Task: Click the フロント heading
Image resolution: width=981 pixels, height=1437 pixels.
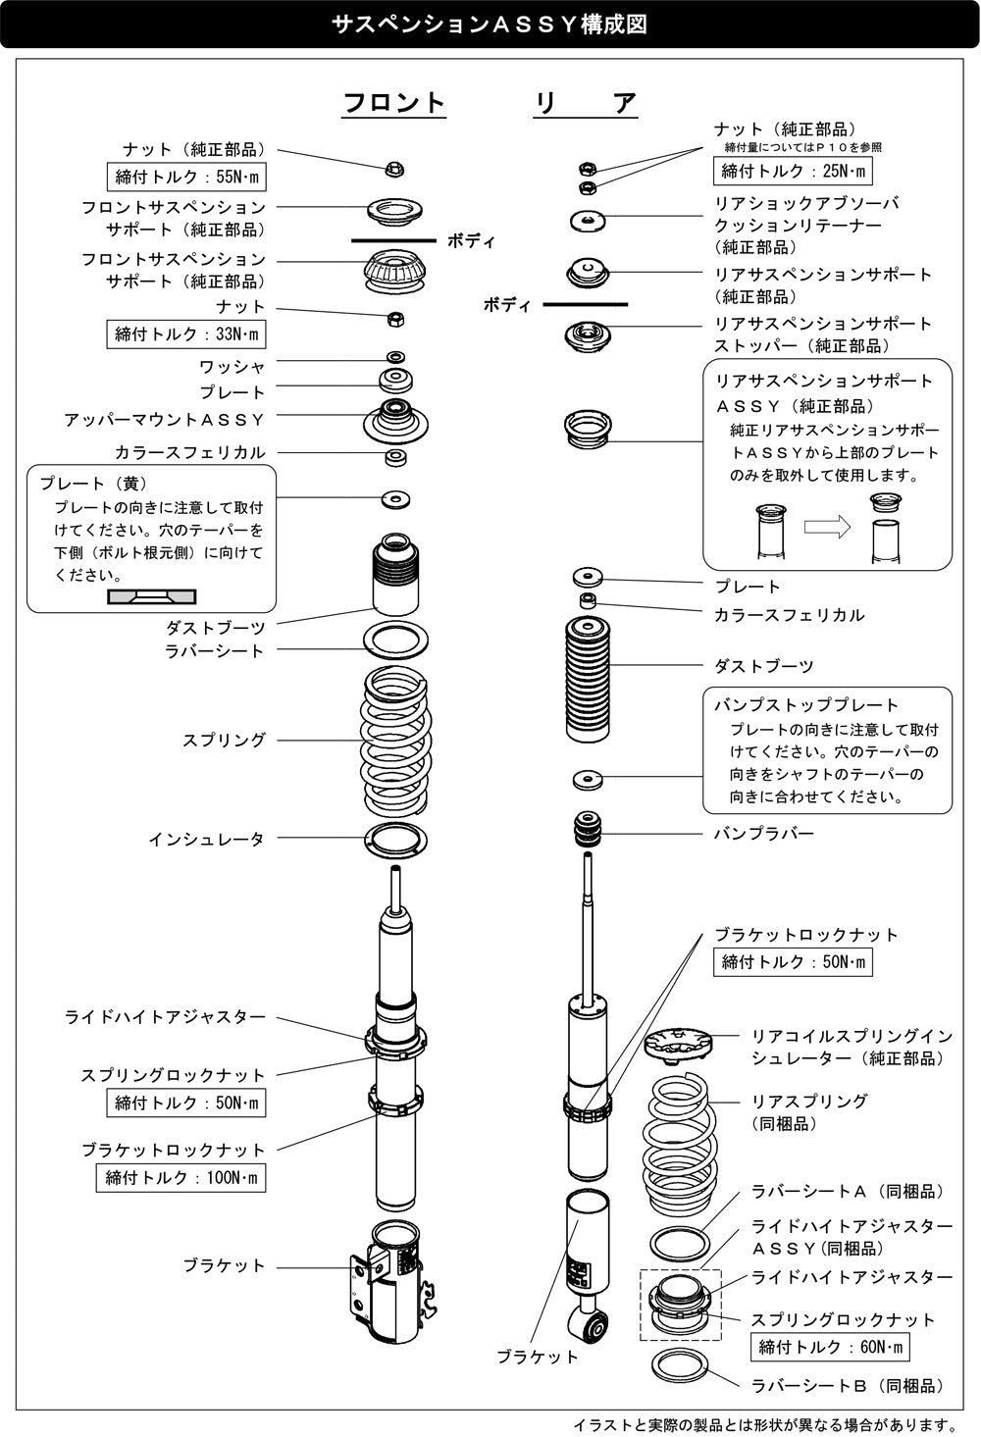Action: click(x=394, y=103)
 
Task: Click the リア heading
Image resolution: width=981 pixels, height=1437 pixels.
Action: click(x=585, y=103)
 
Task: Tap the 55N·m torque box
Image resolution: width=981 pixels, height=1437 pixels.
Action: click(x=186, y=178)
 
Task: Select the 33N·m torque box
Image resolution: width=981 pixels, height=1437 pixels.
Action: click(x=186, y=334)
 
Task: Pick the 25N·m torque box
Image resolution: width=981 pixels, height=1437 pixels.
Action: click(x=793, y=171)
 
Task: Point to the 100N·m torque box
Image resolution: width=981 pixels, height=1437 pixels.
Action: click(x=181, y=1178)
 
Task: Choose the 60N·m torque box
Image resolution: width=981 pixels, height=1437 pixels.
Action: click(x=830, y=1347)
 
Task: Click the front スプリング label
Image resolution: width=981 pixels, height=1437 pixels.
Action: click(x=224, y=740)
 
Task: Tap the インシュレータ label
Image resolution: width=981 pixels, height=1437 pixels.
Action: click(x=207, y=839)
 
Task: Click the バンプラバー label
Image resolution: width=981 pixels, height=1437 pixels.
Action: click(x=763, y=834)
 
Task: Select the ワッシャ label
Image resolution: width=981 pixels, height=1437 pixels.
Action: click(x=232, y=366)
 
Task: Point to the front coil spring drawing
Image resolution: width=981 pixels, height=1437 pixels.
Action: click(x=395, y=741)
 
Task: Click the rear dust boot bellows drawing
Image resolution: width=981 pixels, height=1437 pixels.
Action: click(x=588, y=680)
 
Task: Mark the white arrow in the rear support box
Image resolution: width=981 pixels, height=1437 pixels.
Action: click(x=827, y=527)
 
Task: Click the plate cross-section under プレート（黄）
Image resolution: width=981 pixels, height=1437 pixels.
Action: click(x=151, y=596)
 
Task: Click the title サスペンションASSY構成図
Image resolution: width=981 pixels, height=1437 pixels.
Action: click(x=490, y=25)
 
